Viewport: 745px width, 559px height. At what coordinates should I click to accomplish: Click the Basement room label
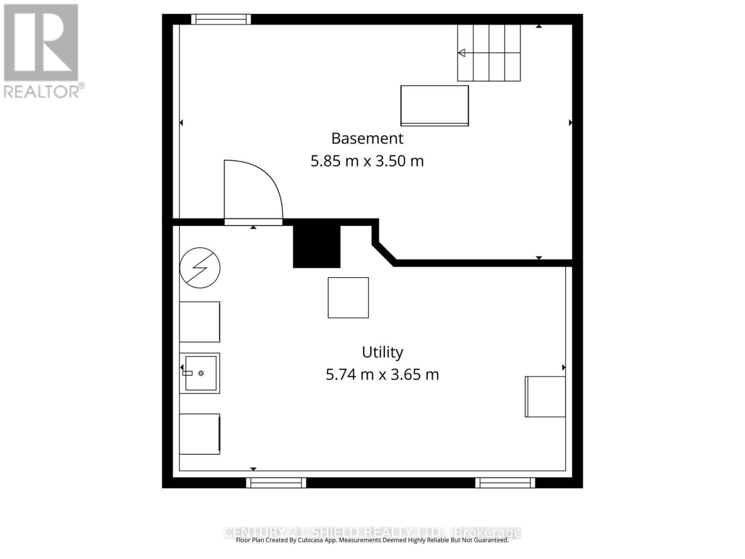(367, 138)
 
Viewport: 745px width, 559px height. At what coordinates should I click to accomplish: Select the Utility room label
(382, 352)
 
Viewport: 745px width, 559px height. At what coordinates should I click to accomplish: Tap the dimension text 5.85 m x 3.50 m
(367, 161)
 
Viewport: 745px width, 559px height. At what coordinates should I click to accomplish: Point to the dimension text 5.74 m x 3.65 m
(382, 375)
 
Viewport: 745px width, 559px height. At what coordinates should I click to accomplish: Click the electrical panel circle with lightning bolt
(200, 267)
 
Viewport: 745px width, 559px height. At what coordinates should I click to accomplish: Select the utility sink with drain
(200, 373)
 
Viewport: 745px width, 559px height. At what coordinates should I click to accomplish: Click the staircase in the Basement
(488, 53)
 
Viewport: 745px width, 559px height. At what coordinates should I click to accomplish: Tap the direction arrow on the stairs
(461, 53)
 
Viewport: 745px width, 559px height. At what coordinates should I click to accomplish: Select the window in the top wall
(221, 19)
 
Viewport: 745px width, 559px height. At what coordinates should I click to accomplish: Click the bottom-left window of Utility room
(276, 483)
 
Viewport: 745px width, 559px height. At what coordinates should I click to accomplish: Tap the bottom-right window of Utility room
(505, 483)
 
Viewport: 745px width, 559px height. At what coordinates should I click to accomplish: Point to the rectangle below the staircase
(434, 105)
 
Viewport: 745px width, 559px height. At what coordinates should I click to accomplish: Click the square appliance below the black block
(348, 298)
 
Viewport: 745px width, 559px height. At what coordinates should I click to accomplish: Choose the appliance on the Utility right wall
(545, 396)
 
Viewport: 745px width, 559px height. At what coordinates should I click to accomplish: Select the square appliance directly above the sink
(200, 321)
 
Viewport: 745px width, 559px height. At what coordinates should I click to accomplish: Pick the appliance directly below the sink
(200, 434)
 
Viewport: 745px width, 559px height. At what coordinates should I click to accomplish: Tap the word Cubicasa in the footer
(318, 540)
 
